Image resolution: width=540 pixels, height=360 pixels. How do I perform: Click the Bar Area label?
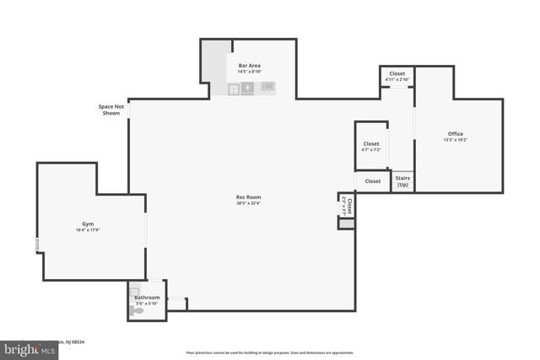click(x=249, y=65)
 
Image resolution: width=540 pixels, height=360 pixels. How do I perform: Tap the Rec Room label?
click(x=248, y=197)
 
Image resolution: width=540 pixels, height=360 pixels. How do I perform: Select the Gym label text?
click(x=87, y=223)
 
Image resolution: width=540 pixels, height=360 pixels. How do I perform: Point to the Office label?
click(x=456, y=134)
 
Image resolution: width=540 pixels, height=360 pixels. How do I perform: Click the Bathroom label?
click(x=147, y=298)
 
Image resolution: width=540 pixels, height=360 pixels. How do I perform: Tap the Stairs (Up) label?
click(x=402, y=181)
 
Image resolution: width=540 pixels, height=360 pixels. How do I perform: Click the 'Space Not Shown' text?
click(x=111, y=110)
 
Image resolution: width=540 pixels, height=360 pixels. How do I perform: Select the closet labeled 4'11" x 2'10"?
click(x=396, y=74)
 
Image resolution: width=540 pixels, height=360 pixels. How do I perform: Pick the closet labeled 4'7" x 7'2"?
click(x=371, y=144)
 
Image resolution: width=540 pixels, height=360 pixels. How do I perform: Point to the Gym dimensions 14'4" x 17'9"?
click(x=88, y=230)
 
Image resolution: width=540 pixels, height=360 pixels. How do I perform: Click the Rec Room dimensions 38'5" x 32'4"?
click(x=248, y=203)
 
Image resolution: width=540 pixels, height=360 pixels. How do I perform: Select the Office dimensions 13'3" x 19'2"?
click(x=456, y=140)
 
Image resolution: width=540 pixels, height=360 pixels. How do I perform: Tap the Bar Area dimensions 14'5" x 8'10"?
click(x=249, y=71)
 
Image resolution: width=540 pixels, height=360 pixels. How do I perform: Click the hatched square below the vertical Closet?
click(x=344, y=223)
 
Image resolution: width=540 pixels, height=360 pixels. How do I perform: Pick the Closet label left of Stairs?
click(x=372, y=181)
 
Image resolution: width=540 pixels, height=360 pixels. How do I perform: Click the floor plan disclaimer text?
click(x=270, y=352)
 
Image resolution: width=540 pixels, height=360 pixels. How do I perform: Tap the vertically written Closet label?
click(x=348, y=204)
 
